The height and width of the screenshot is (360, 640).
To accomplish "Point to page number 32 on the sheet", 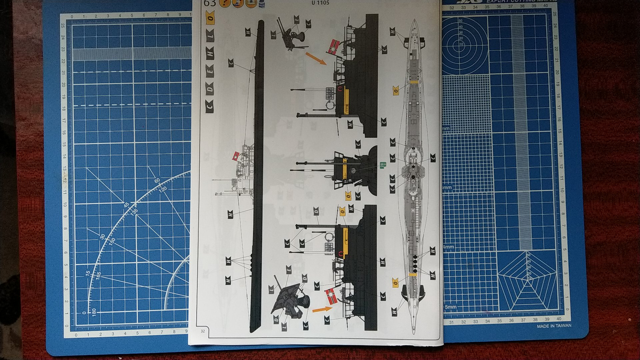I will coord(202,331).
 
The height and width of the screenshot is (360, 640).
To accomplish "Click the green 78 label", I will coord(383,165).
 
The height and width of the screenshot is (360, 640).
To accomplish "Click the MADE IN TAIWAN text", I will coord(554,326).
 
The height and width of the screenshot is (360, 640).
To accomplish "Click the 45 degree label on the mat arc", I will coord(126,205).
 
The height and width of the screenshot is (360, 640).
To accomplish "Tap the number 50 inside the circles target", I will coord(461,21).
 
